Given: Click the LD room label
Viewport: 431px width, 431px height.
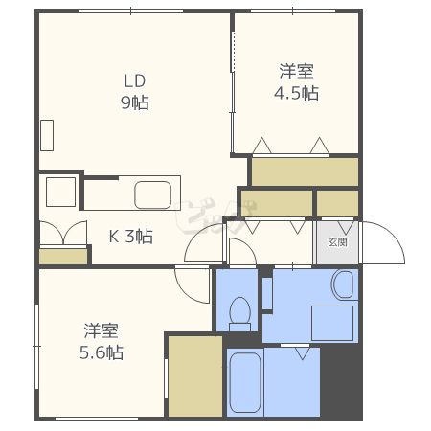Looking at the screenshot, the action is pos(135,81).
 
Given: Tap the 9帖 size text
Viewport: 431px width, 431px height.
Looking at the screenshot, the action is pos(135,102).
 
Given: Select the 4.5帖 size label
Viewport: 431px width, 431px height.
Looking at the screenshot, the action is pos(296,93).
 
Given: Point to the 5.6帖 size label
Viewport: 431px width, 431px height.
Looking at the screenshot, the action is pos(102,352).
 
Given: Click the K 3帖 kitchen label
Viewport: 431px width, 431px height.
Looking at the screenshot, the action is pos(131,237).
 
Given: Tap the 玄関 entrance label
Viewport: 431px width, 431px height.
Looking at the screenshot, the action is pos(337,242).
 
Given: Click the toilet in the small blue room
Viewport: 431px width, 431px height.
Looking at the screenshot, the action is pos(239,314).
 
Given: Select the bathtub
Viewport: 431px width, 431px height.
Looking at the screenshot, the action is pos(245,382).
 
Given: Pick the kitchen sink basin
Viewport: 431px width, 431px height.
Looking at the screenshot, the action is pos(153,194).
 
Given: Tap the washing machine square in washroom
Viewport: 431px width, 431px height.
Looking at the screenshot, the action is pos(332,323).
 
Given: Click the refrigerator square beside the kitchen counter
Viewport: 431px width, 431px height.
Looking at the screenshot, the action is pos(60,192).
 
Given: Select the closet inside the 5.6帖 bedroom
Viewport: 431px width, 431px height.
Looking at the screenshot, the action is pos(195,375).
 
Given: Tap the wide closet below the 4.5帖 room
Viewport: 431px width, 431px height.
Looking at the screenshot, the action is pos(305,171).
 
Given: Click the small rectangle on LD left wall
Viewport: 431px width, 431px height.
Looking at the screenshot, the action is pos(47,135).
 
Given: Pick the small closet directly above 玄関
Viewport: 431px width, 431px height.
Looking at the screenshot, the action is pos(337,203).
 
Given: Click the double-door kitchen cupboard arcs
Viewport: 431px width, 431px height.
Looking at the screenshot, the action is pos(63,233).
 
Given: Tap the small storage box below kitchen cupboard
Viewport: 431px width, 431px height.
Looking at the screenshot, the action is pos(63,257).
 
